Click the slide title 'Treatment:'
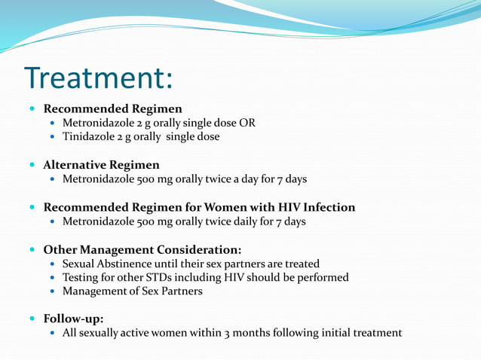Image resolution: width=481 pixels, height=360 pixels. tap(99, 77)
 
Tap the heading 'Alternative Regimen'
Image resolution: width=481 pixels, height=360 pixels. tap(101, 164)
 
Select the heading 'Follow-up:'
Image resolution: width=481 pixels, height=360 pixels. tap(73, 319)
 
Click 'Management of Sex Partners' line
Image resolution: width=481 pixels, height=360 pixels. tap(132, 291)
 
